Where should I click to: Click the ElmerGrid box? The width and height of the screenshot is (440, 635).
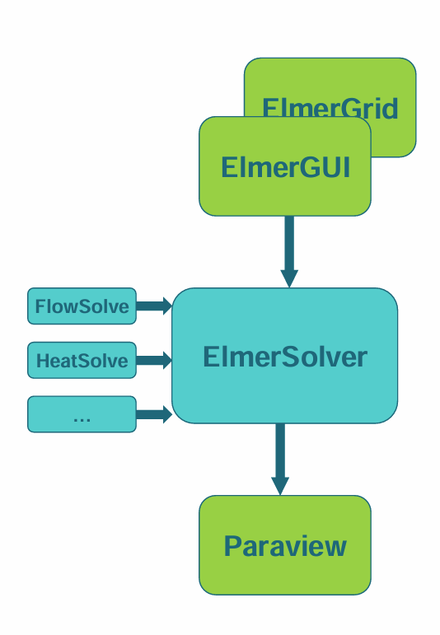coord(387,91)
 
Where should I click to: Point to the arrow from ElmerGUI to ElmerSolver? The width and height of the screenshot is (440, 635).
coord(288,247)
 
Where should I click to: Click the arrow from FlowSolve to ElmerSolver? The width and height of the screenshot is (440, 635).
coord(153,306)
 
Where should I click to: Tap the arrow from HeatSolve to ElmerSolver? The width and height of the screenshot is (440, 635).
coord(153,360)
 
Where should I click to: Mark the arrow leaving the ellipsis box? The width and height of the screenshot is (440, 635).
coord(153,414)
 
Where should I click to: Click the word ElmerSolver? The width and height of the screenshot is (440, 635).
coord(284,357)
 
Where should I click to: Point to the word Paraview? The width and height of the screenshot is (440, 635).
coord(285,546)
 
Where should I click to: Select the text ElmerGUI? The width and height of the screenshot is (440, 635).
coord(285,167)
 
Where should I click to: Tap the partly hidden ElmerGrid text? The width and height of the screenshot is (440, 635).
coord(330,108)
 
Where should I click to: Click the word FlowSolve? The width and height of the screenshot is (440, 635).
coord(82,307)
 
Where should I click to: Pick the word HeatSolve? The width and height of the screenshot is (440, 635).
coord(82,361)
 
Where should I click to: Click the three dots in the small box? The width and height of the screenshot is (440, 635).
coord(82,418)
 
